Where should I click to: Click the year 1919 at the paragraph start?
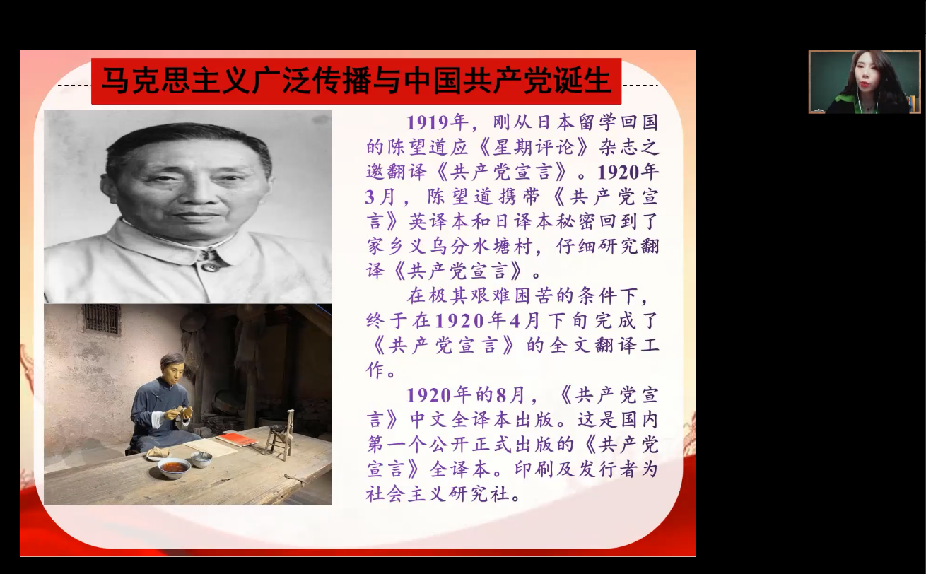pyautogui.click(x=428, y=122)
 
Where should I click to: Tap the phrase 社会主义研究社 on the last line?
pyautogui.click(x=438, y=494)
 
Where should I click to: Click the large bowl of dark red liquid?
pyautogui.click(x=174, y=468)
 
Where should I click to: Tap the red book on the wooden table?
pyautogui.click(x=236, y=439)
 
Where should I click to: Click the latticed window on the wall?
pyautogui.click(x=101, y=319)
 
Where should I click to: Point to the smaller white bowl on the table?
pyautogui.click(x=201, y=459)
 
